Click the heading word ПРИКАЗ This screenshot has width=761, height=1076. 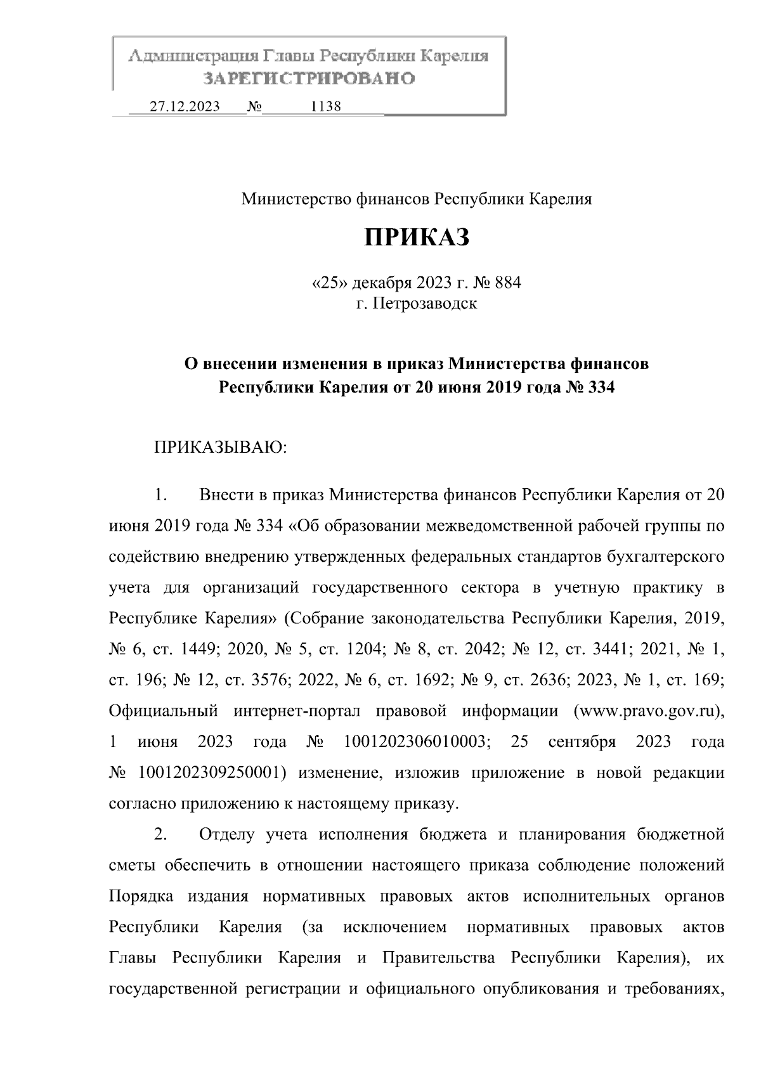click(x=417, y=238)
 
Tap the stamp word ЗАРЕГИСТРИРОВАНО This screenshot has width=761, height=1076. click(x=309, y=79)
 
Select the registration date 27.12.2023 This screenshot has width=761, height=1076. click(x=185, y=107)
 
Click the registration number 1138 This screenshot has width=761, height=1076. click(x=326, y=107)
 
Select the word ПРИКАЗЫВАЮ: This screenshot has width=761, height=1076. click(x=222, y=449)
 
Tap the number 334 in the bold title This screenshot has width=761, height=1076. click(x=602, y=387)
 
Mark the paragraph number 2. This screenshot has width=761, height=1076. click(x=160, y=834)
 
